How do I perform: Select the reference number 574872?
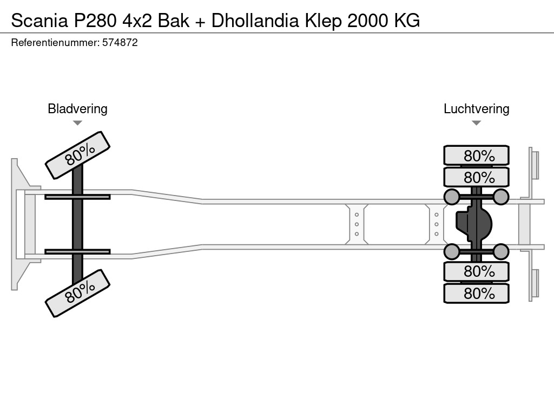click(120, 43)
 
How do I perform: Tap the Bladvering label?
click(77, 108)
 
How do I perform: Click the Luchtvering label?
click(476, 108)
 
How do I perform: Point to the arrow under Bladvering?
click(77, 123)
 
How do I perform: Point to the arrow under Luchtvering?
click(476, 123)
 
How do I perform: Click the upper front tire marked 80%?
click(77, 155)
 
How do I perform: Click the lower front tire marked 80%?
click(77, 293)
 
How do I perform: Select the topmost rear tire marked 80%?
click(476, 155)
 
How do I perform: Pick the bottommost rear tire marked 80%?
click(476, 294)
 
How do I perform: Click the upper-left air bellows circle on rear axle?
click(451, 197)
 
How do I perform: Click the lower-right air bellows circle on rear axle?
click(501, 251)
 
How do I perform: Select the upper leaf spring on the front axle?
click(77, 197)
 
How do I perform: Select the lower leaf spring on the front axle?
click(77, 252)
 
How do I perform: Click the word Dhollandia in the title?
click(255, 21)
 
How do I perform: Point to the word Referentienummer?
click(55, 43)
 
